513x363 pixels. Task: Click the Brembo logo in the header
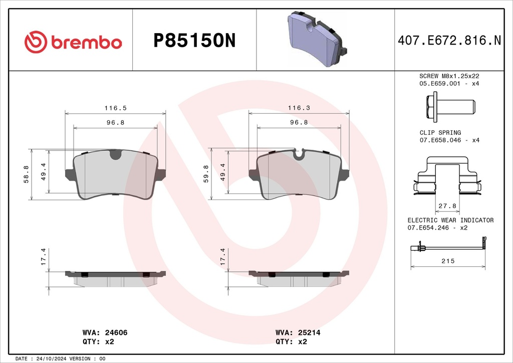pos(73,42)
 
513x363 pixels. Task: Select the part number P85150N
pos(194,41)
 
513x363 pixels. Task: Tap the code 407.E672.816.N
pos(449,41)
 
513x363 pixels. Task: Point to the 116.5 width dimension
pos(116,108)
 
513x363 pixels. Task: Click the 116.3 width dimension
pos(299,108)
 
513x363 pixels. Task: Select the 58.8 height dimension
pos(26,174)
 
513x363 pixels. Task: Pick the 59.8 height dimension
pos(206,174)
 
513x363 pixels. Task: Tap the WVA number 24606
pos(116,332)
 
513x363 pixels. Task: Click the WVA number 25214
pos(309,332)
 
